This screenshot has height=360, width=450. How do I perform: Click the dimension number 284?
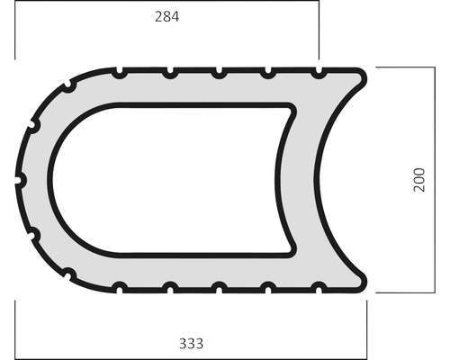166,16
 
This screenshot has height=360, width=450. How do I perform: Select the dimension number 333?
192,343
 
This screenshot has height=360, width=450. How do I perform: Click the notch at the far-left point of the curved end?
20,180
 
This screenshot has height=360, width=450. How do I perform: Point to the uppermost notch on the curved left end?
68,87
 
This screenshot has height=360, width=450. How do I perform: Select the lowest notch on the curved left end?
68,272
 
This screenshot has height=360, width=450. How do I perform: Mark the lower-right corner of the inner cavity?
290,250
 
